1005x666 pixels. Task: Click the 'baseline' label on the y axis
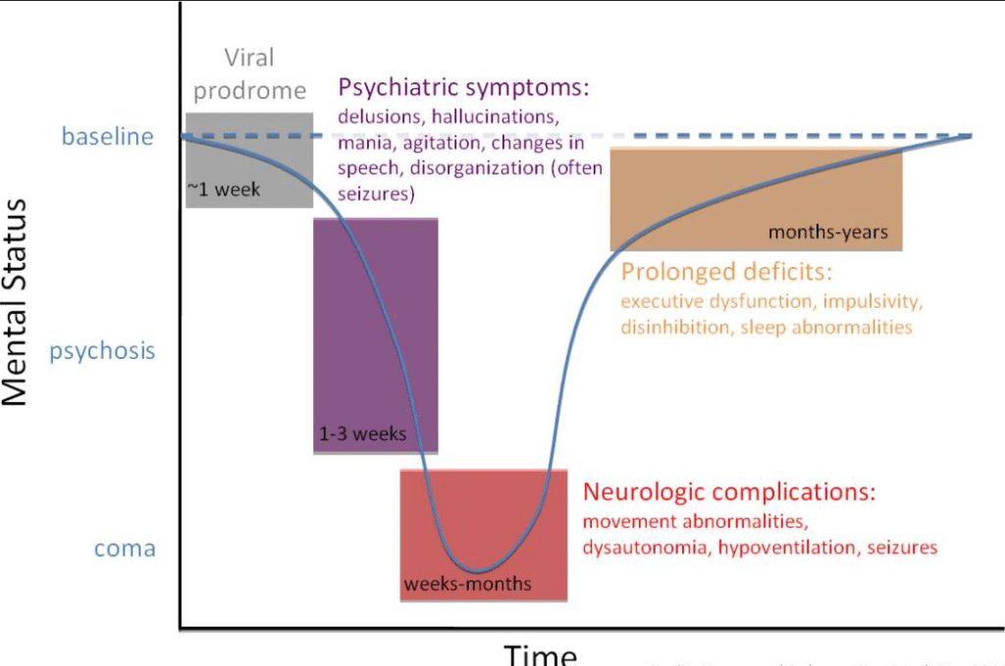pyautogui.click(x=107, y=136)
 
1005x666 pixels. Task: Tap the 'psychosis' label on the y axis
pyautogui.click(x=102, y=350)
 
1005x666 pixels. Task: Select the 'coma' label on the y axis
pyautogui.click(x=125, y=548)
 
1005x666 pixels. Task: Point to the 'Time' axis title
pyautogui.click(x=541, y=654)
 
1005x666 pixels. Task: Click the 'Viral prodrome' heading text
pyautogui.click(x=249, y=75)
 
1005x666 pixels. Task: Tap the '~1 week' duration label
pyautogui.click(x=225, y=189)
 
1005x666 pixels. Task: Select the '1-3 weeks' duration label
pyautogui.click(x=362, y=433)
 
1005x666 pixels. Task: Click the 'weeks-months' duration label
pyautogui.click(x=467, y=585)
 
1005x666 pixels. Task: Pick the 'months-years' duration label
pyautogui.click(x=827, y=232)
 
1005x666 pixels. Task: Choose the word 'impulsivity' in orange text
pyautogui.click(x=873, y=300)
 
